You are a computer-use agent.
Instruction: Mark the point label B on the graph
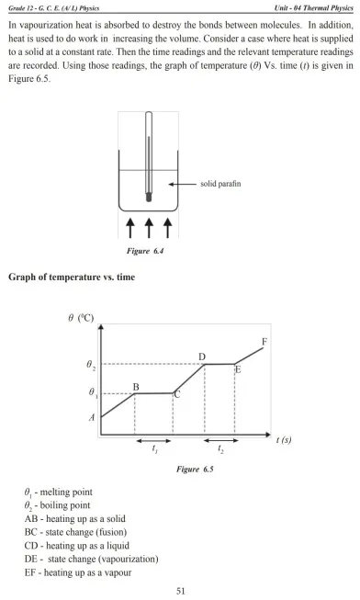136,387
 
